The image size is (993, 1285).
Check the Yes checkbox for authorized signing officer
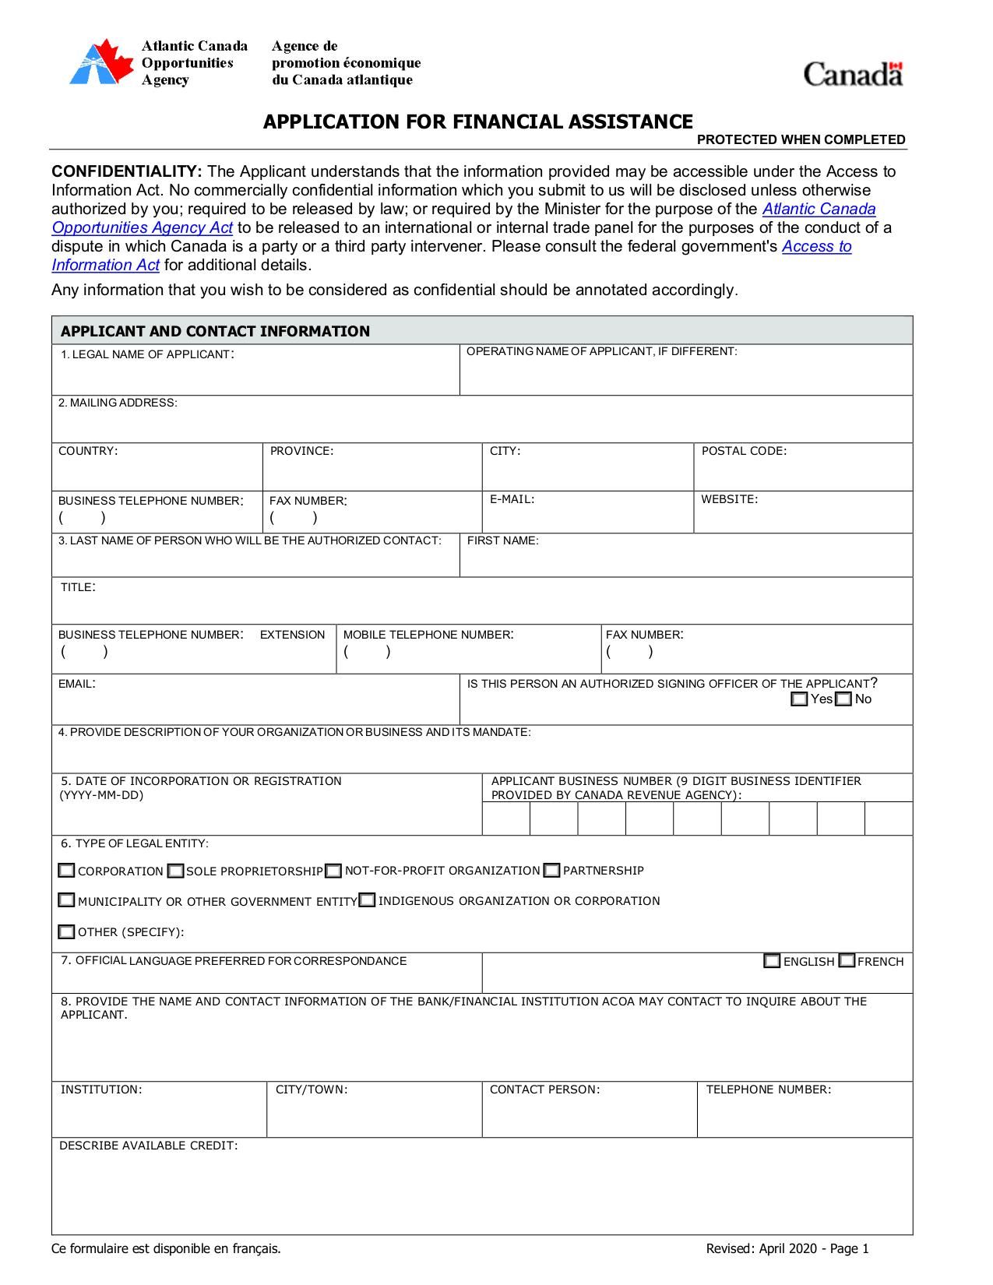click(799, 699)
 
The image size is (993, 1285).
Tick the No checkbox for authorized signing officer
click(843, 699)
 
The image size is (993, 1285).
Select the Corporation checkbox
click(67, 871)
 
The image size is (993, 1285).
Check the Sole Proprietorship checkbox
click(176, 871)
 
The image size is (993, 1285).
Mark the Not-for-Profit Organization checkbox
click(333, 871)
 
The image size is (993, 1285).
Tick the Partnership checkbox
click(552, 871)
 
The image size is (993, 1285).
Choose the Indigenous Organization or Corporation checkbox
click(368, 901)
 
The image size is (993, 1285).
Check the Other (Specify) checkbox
click(67, 932)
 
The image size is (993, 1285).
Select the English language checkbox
click(772, 961)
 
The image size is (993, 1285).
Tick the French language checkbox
click(847, 961)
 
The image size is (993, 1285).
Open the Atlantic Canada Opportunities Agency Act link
click(819, 209)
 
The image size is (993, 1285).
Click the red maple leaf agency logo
click(101, 63)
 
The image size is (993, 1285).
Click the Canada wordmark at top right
click(853, 75)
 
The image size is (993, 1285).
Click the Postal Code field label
click(744, 451)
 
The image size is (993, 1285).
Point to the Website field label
click(729, 499)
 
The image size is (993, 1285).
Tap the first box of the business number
click(506, 819)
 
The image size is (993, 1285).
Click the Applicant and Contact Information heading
click(215, 331)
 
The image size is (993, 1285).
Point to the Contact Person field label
click(544, 1090)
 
